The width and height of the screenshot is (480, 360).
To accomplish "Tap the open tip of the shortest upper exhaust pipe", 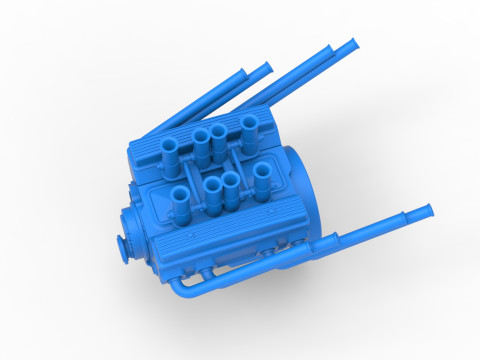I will (267, 68).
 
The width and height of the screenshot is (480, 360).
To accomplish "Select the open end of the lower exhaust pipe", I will (428, 210).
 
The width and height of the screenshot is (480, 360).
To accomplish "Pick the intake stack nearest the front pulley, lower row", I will (180, 196).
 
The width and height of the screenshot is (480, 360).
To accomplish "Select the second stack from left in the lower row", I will (212, 186).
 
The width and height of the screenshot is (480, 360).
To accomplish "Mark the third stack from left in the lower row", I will (231, 183).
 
